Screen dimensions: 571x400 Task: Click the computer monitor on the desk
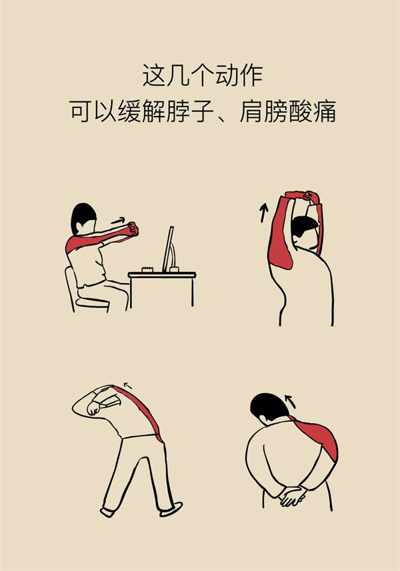[169, 249]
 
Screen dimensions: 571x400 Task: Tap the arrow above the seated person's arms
[118, 221]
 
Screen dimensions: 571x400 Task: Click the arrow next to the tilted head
[290, 400]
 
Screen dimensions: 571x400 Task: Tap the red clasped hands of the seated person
[133, 229]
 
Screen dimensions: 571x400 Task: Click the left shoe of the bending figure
[107, 512]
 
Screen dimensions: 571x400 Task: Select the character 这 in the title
[153, 75]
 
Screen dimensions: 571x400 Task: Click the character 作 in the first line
[251, 75]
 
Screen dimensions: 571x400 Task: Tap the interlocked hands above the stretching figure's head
[303, 195]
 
